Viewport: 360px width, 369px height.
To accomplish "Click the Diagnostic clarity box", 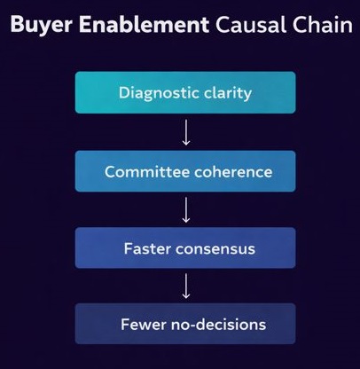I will pyautogui.click(x=186, y=92).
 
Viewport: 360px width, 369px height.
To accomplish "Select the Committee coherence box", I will pyautogui.click(x=186, y=170).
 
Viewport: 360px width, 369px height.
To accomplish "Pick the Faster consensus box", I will pyautogui.click(x=186, y=248).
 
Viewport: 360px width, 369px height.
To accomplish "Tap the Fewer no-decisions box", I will pyautogui.click(x=186, y=324).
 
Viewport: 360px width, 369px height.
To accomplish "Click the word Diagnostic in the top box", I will pyautogui.click(x=154, y=92).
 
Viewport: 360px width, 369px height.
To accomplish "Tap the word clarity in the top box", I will pyautogui.click(x=225, y=92).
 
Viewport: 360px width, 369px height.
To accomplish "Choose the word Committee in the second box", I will pyautogui.click(x=145, y=170).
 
